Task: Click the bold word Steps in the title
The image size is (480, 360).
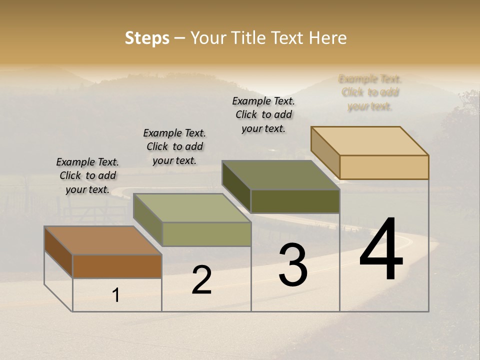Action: pos(147,38)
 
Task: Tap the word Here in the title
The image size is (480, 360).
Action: pos(327,38)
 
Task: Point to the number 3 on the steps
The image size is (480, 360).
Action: pos(293,265)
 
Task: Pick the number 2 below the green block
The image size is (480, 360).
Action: pos(201,280)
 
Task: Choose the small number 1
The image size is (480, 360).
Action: pos(116,295)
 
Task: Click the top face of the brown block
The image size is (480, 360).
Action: pos(103,240)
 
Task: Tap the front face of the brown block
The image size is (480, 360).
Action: pos(117,266)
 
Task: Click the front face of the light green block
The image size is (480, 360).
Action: pos(206,234)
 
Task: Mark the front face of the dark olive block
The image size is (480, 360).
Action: pos(295,201)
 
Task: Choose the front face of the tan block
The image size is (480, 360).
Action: pos(384,167)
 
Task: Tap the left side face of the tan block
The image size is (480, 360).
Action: pos(325,152)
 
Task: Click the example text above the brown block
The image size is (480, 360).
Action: pos(87,175)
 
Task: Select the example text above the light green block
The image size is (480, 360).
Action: pos(174,146)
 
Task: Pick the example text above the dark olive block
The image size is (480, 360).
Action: pos(263,114)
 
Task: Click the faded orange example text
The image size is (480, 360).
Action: pos(370,92)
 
